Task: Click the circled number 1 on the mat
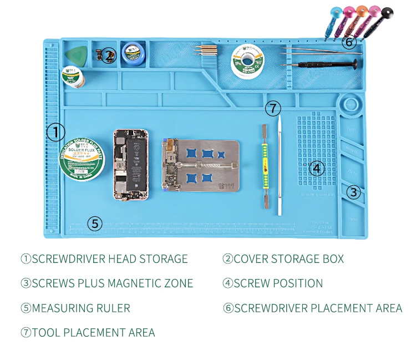55,132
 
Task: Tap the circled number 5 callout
95,224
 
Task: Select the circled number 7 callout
272,108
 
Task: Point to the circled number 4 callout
316,168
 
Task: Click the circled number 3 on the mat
354,192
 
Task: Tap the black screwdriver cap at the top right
387,11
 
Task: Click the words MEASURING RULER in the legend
81,308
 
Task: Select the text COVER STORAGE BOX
288,259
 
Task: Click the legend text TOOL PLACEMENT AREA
93,333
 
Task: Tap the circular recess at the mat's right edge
351,104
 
